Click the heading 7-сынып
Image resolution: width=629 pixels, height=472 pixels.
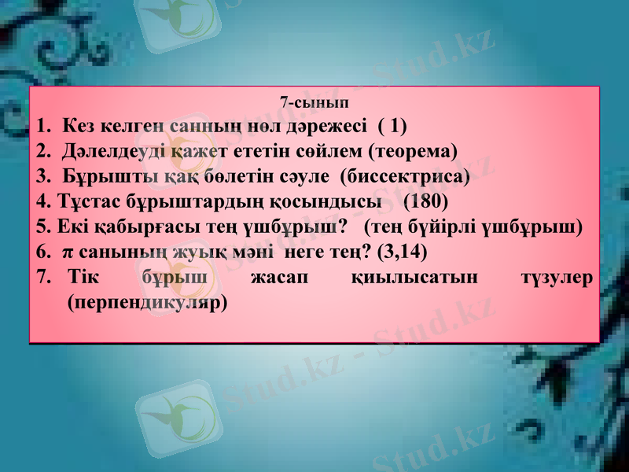coord(314,102)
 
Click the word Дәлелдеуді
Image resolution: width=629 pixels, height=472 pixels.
coord(107,150)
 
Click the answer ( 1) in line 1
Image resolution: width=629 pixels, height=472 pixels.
coord(392,125)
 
